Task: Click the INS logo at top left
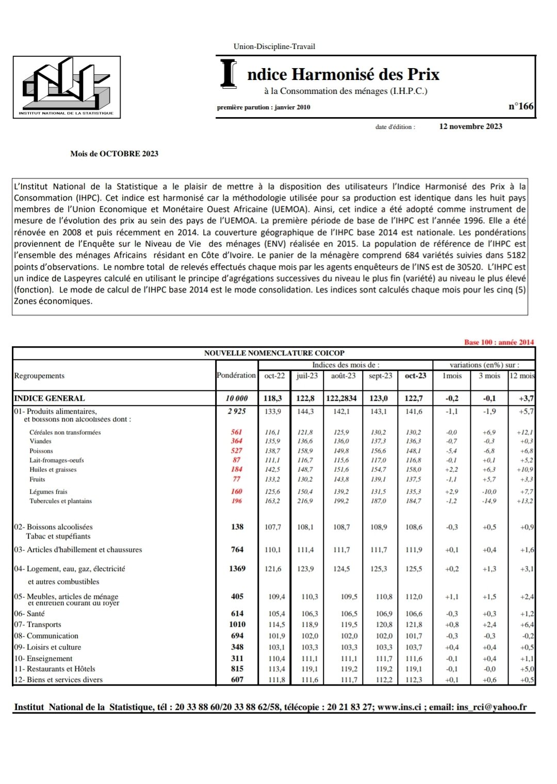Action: [67, 87]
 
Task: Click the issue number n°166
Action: [521, 106]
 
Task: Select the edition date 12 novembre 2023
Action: [470, 126]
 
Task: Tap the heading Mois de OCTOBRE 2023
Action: [114, 154]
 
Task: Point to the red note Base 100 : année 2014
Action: [499, 342]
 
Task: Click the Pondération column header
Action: [236, 375]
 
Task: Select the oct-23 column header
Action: [415, 376]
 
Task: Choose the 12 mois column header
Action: [521, 376]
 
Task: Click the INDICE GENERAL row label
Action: [50, 398]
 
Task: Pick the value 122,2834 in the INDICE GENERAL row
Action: [341, 398]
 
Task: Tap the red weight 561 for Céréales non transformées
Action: [236, 432]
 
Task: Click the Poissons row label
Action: [41, 451]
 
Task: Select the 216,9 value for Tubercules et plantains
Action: [305, 501]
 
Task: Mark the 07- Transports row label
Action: [38, 625]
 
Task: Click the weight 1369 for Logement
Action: [237, 568]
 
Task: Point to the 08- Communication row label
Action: [46, 636]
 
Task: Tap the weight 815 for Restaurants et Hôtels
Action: [237, 668]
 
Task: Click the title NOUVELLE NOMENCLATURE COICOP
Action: [274, 353]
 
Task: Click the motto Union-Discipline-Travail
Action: [274, 46]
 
